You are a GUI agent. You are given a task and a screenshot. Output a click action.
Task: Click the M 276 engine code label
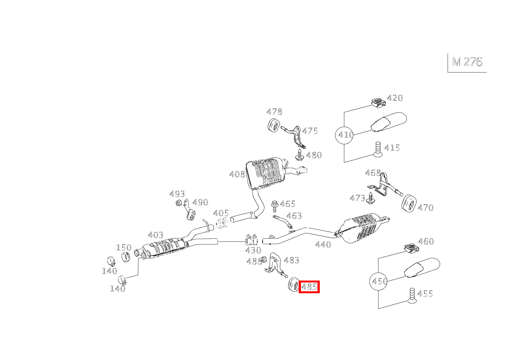pyautogui.click(x=467, y=62)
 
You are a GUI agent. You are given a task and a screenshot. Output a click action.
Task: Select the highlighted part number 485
pyautogui.click(x=309, y=287)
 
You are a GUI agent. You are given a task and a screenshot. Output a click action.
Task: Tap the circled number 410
pyautogui.click(x=344, y=135)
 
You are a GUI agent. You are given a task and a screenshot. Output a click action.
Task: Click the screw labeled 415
pyautogui.click(x=378, y=149)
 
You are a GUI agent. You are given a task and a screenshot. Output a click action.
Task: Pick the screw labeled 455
pyautogui.click(x=412, y=296)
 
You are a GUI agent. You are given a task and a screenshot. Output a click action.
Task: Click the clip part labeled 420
pyautogui.click(x=378, y=102)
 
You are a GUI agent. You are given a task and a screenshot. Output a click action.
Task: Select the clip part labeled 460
pyautogui.click(x=411, y=248)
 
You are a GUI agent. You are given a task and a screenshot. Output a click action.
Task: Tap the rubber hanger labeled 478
pyautogui.click(x=273, y=126)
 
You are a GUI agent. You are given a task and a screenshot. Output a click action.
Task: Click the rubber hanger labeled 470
pyautogui.click(x=409, y=203)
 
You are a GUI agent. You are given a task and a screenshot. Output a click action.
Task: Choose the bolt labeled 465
pyautogui.click(x=275, y=206)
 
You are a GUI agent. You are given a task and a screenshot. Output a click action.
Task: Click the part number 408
pyautogui.click(x=237, y=175)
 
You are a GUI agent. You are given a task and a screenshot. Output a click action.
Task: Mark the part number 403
pyautogui.click(x=155, y=234)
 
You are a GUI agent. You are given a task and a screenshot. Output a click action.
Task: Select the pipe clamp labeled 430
pyautogui.click(x=251, y=240)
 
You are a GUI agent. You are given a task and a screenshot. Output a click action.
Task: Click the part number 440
pyautogui.click(x=323, y=244)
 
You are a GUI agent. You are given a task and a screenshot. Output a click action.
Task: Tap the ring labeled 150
pyautogui.click(x=126, y=257)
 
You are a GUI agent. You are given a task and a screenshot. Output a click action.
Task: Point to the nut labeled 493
pyautogui.click(x=179, y=202)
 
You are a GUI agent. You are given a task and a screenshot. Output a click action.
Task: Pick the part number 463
pyautogui.click(x=294, y=216)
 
